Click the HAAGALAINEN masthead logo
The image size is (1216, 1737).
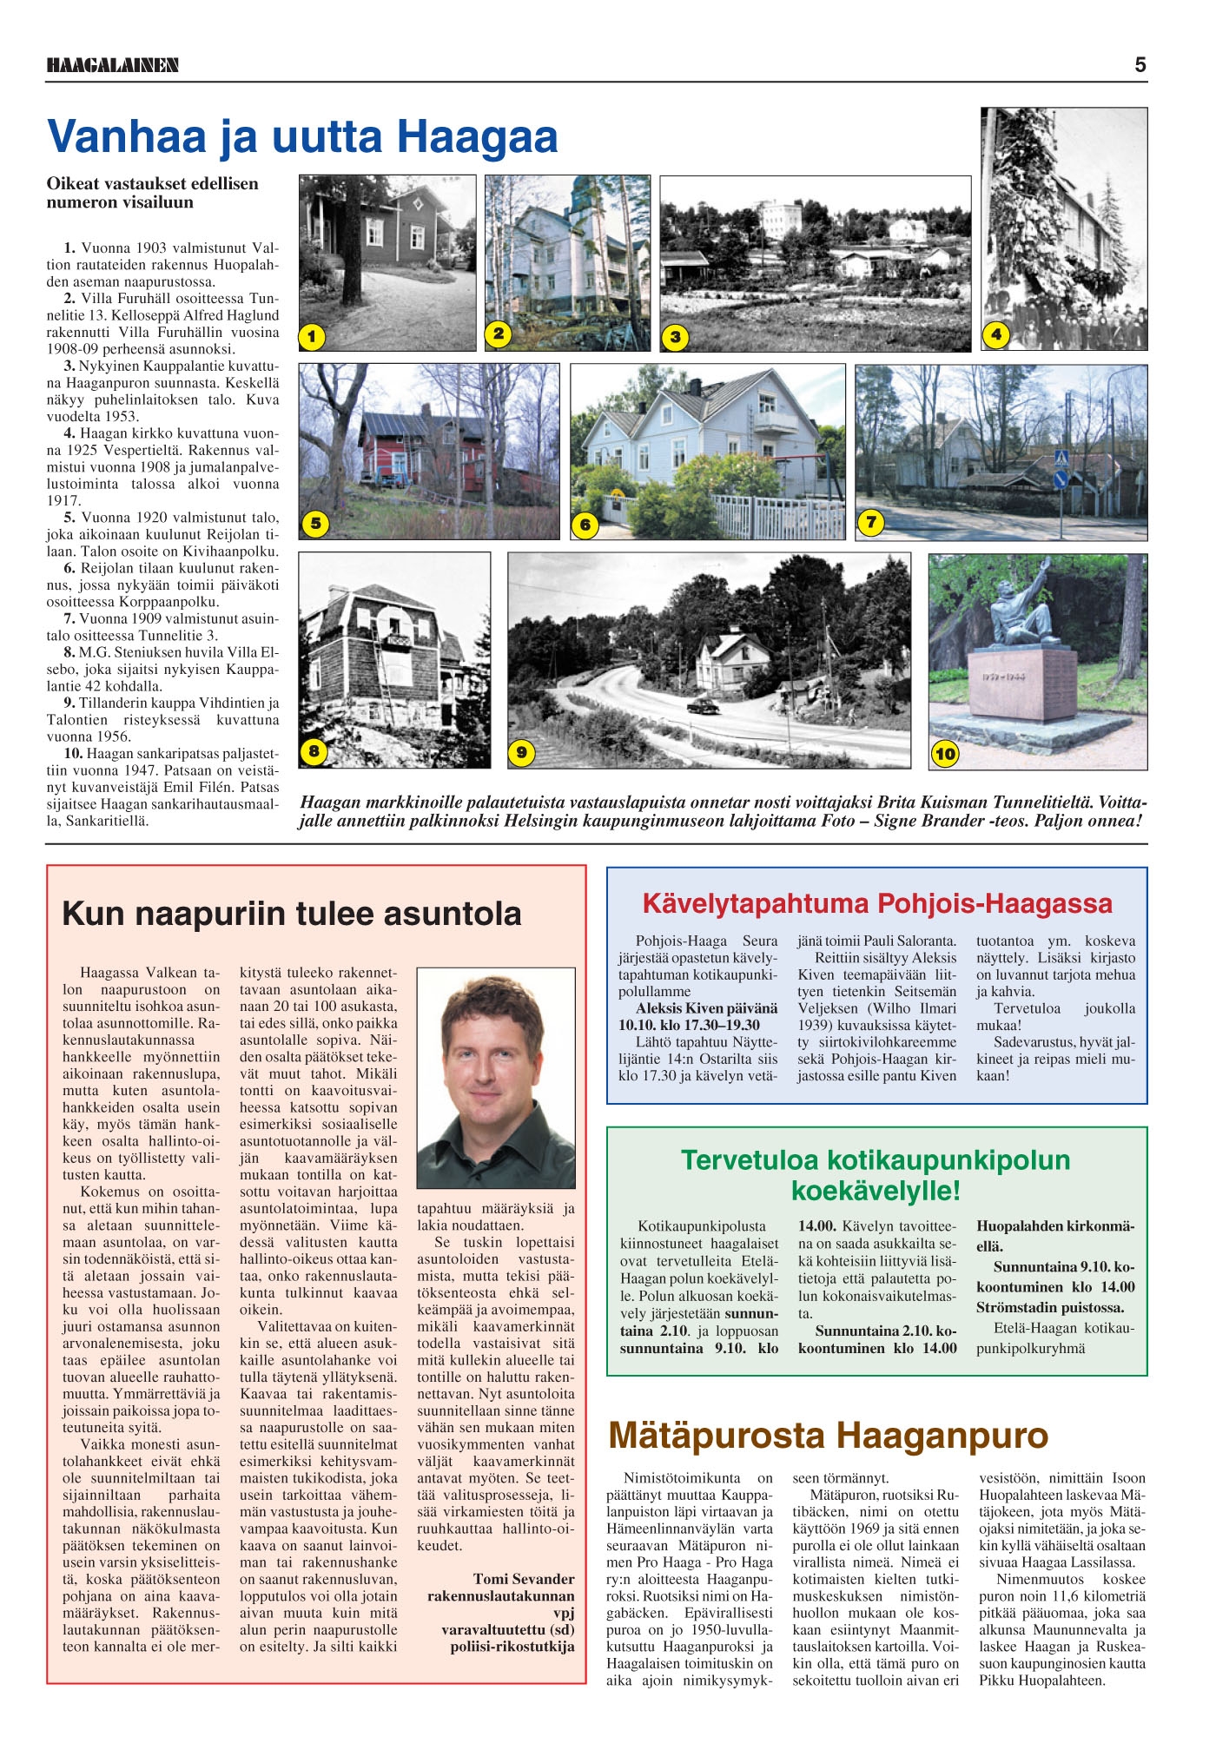[113, 65]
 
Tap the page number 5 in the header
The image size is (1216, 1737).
[1140, 64]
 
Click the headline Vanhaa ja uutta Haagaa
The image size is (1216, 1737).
[302, 137]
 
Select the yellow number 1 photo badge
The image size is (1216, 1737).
[312, 337]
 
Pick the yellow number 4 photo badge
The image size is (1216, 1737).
[996, 334]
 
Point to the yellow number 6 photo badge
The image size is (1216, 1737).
[585, 525]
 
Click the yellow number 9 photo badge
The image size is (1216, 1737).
[520, 752]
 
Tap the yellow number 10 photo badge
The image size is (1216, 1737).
[945, 754]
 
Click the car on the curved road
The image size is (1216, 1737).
[704, 705]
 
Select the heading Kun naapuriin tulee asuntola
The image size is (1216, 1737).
[292, 914]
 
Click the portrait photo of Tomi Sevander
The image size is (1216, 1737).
[496, 1078]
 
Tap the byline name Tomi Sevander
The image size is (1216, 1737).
[524, 1579]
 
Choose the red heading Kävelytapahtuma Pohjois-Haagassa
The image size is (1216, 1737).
[877, 903]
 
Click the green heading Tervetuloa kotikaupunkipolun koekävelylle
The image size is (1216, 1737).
[876, 1174]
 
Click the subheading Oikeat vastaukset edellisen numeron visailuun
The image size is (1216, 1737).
[153, 193]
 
